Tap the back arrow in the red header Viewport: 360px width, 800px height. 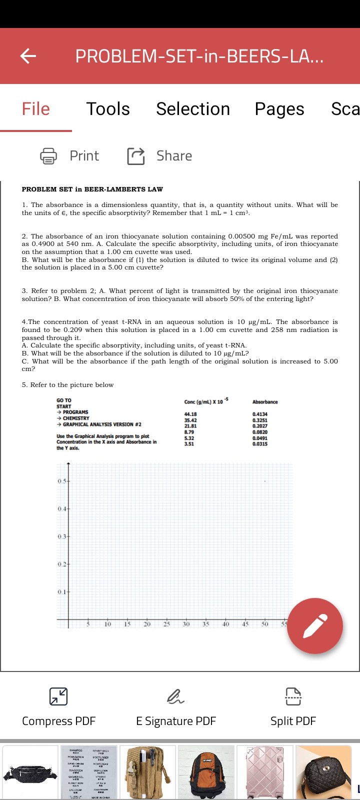[x=28, y=56]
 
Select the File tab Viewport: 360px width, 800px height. [x=35, y=109]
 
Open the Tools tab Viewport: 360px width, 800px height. [x=108, y=109]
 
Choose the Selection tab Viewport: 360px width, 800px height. [x=193, y=109]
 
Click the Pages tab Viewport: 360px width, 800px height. [x=279, y=109]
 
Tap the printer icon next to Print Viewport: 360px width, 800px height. [x=48, y=156]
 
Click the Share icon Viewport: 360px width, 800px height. [x=135, y=156]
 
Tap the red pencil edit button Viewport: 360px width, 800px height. [x=315, y=625]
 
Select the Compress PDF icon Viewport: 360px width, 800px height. [x=58, y=696]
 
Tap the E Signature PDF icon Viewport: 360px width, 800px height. [x=175, y=696]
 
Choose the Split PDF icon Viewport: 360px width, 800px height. [x=293, y=696]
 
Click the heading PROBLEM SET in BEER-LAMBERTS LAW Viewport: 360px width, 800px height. [x=92, y=189]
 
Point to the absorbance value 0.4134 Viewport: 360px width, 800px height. [x=259, y=414]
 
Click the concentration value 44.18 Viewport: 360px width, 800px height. [x=190, y=414]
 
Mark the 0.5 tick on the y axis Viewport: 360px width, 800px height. [x=61, y=481]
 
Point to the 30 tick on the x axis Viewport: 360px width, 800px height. [x=186, y=624]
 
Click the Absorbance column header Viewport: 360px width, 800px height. [x=265, y=402]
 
